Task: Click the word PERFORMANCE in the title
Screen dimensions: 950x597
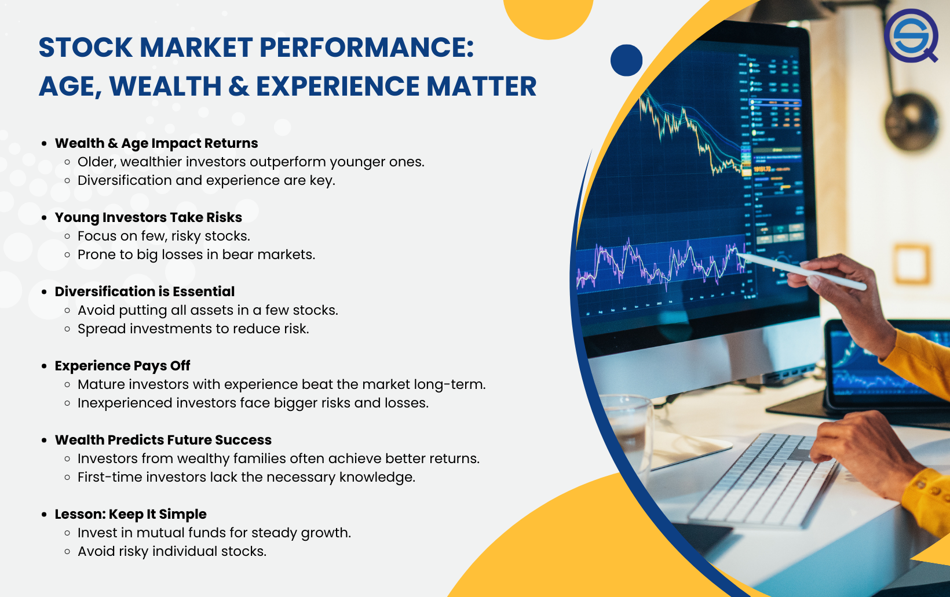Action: [367, 47]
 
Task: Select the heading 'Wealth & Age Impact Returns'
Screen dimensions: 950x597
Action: [156, 143]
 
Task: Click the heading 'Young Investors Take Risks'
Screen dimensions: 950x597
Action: [148, 217]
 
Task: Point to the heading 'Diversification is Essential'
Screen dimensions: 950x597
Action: [145, 292]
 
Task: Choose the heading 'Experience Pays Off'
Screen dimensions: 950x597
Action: [123, 366]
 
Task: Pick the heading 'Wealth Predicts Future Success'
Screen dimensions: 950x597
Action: [163, 440]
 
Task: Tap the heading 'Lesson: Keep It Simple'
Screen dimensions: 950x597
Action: [131, 514]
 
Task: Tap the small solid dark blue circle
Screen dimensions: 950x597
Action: [626, 60]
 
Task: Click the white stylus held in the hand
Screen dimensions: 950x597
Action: [802, 272]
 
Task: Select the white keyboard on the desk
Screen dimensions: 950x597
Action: [763, 479]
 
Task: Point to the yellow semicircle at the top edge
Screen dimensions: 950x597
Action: [548, 17]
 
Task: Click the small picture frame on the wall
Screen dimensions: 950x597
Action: [912, 264]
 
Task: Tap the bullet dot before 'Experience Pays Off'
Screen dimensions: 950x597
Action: [44, 366]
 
